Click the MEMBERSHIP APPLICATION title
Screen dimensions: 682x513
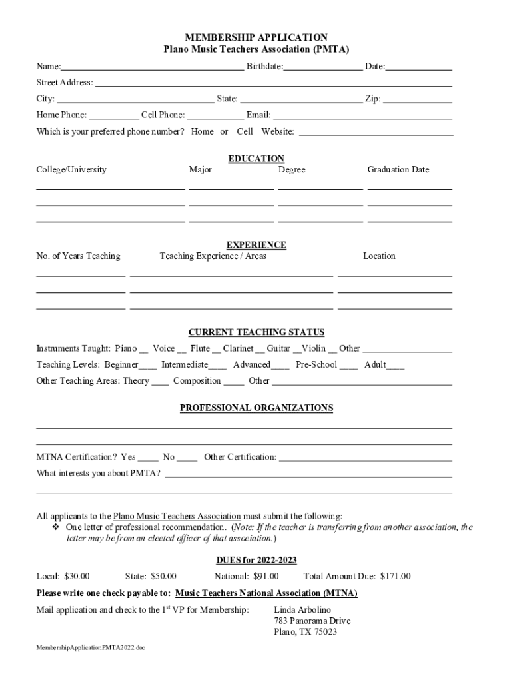(256, 37)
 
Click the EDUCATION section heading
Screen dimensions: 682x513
(256, 159)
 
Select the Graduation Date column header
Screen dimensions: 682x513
(398, 170)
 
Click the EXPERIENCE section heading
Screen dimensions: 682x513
(256, 245)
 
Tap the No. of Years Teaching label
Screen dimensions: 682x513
(78, 256)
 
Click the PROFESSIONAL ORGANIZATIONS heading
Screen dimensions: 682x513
(256, 408)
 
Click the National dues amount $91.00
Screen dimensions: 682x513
(266, 577)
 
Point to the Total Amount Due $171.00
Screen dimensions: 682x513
(395, 577)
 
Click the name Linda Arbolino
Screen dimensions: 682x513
(302, 610)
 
